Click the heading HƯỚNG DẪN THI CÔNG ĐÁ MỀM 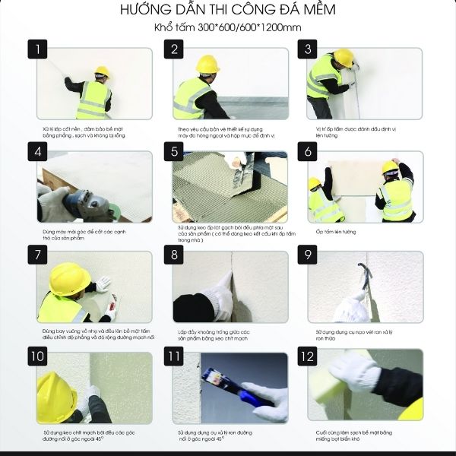tap(227, 11)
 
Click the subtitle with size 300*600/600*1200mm tap(227, 28)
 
